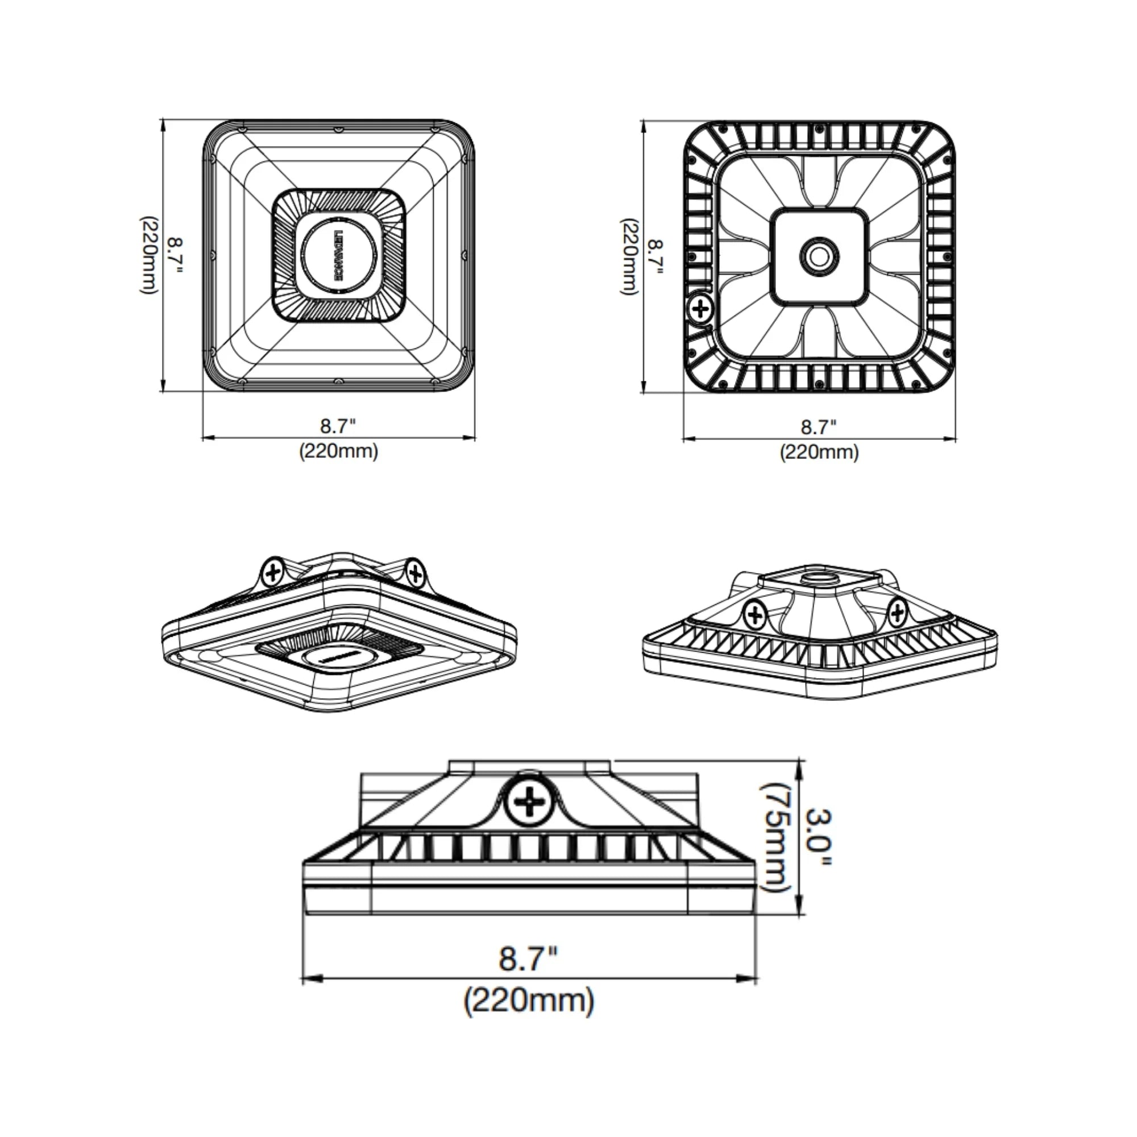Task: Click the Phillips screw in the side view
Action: coord(528,802)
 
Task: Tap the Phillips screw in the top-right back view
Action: coord(700,308)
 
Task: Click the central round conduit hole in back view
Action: coord(819,256)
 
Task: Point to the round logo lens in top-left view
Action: coord(339,256)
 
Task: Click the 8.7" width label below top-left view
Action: coord(338,425)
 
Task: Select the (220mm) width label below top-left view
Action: coord(338,451)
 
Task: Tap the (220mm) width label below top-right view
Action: coord(819,452)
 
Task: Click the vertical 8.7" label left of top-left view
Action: coord(175,256)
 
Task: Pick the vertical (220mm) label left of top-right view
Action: coord(629,256)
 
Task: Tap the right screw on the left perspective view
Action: coord(416,572)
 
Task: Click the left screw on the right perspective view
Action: coord(754,616)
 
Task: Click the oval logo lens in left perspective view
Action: coord(338,657)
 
